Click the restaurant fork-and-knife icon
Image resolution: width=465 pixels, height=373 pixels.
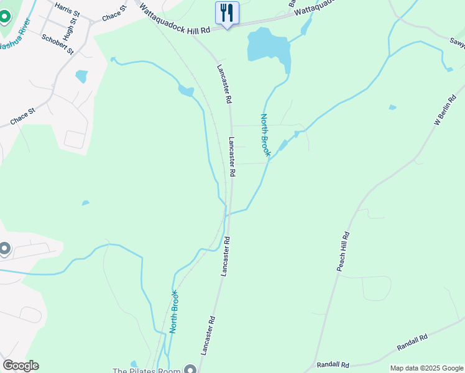coord(227,12)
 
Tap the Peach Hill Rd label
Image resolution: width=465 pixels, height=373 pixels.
coord(343,251)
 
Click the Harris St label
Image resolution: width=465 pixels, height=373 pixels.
coord(67,9)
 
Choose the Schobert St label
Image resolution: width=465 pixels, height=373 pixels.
coord(58,44)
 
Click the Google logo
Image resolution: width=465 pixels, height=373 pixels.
coord(21,366)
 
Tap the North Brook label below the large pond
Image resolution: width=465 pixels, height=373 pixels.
coord(265,135)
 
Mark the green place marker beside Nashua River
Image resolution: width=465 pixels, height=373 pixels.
coord(4,16)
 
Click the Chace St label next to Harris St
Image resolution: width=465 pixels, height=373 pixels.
coord(114,15)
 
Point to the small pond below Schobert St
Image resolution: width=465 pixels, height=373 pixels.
coord(81,76)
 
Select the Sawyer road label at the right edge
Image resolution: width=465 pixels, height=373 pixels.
coord(458,41)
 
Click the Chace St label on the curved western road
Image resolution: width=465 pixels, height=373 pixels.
coord(23,116)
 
